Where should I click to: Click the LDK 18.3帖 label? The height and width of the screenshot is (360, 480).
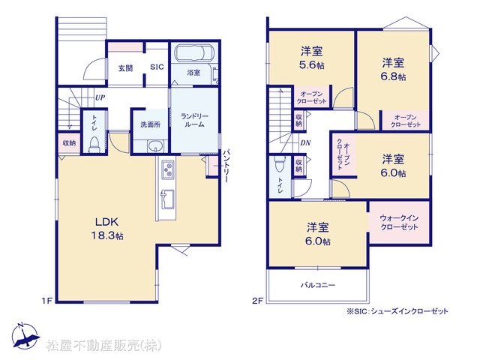[106, 229]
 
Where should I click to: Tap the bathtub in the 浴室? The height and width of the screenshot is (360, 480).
[193, 53]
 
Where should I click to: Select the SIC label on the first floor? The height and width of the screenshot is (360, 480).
[157, 67]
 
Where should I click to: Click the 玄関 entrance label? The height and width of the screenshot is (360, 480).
[125, 68]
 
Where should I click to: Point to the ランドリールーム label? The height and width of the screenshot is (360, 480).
[194, 120]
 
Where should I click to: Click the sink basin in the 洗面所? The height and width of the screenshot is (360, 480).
[156, 146]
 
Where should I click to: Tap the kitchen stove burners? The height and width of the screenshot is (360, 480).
[168, 169]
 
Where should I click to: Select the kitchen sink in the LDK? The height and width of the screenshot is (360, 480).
[167, 199]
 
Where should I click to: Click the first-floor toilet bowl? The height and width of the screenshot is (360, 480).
[94, 145]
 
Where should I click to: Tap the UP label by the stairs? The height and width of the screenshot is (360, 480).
[100, 97]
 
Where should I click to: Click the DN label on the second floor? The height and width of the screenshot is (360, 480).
[305, 142]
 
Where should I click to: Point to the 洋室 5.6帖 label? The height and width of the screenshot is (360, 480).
[312, 58]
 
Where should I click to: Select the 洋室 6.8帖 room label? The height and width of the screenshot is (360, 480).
[393, 70]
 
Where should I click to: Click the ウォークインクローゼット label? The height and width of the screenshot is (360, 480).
[399, 223]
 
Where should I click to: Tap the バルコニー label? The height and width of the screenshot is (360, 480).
[318, 285]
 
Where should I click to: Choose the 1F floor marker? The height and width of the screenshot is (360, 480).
[47, 301]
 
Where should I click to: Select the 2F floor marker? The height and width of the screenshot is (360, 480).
[258, 301]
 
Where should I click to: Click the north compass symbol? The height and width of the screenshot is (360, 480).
[25, 336]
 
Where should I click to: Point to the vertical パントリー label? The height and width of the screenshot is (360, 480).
[226, 166]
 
